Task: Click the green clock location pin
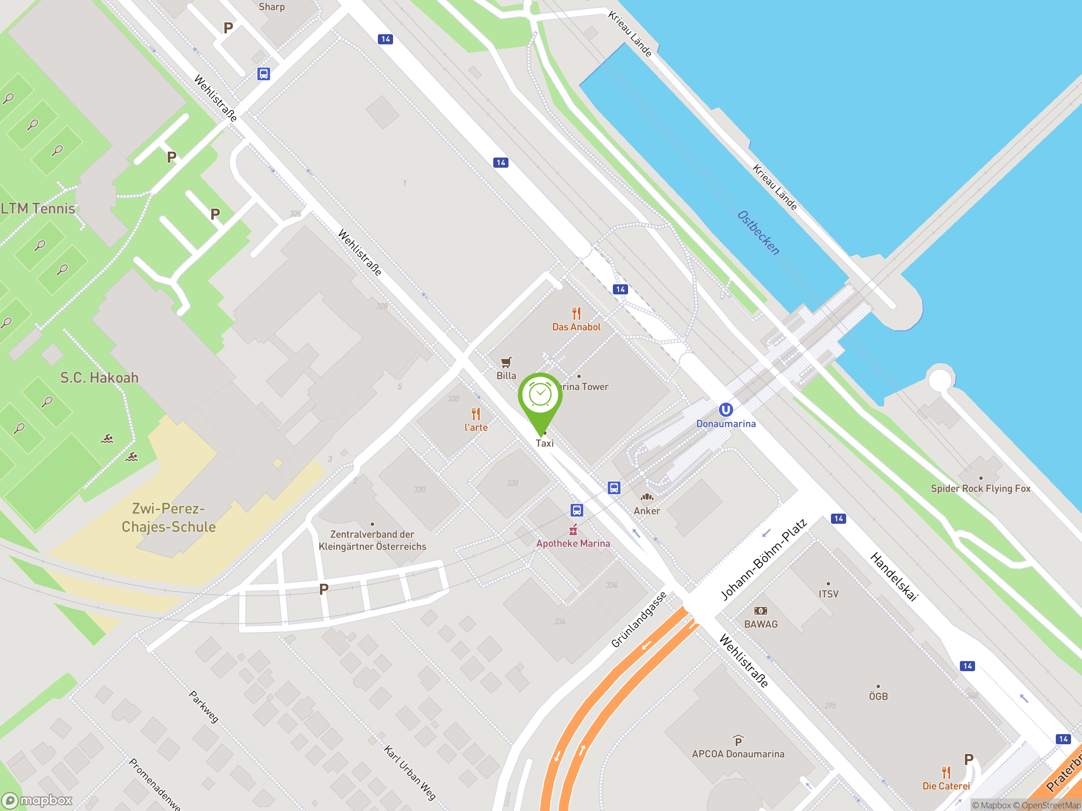click(540, 395)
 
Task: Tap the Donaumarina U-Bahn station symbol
click(725, 410)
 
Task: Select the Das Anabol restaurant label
click(576, 327)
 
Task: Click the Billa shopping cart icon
click(506, 362)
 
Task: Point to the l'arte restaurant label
click(476, 427)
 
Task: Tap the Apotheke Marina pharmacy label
click(573, 544)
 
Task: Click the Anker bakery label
click(647, 511)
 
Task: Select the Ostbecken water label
click(758, 233)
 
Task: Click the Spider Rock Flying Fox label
click(980, 488)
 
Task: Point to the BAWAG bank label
click(761, 624)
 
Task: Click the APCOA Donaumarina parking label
click(738, 754)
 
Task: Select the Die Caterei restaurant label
click(946, 786)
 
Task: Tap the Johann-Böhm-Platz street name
click(764, 560)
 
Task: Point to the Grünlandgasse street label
click(639, 620)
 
